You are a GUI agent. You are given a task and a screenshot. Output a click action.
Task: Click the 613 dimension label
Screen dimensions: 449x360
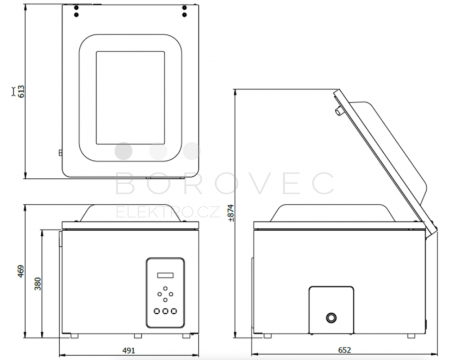click(22, 92)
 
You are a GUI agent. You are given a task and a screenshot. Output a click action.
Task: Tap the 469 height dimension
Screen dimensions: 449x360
click(21, 271)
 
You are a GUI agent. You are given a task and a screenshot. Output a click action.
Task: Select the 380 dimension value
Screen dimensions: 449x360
click(38, 284)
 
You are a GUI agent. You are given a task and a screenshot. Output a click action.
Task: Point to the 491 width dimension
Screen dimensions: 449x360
click(129, 350)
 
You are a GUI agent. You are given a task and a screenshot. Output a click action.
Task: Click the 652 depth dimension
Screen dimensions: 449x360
click(345, 350)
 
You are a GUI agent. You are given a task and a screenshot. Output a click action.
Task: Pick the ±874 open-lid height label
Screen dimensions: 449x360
click(230, 213)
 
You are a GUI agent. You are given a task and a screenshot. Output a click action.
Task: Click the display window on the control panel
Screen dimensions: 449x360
click(165, 275)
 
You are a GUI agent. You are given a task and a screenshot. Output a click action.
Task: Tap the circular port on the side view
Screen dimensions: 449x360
click(331, 318)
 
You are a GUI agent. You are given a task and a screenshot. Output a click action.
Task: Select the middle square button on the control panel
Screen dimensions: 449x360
click(165, 311)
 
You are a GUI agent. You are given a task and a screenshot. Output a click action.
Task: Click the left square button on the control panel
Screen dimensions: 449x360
click(157, 311)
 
